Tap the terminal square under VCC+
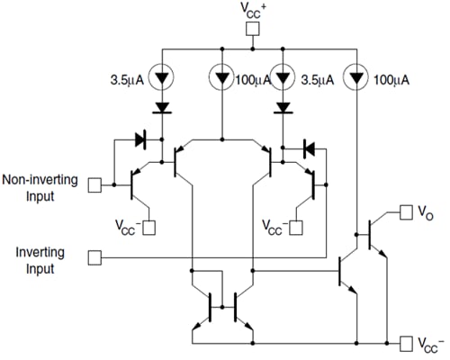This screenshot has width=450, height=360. coord(253,29)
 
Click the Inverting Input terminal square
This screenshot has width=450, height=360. coord(95,258)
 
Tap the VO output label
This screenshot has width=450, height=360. coord(425,212)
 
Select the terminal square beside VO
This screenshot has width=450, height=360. coord(403,213)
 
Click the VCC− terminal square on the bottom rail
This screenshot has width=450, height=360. coord(403,343)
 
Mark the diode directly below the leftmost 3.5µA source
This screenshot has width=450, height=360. coord(163,107)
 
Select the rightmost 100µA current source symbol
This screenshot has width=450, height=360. coord(357,78)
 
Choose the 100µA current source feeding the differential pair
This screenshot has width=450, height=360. coord(221,78)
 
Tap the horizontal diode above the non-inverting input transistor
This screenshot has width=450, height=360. coord(139,139)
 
